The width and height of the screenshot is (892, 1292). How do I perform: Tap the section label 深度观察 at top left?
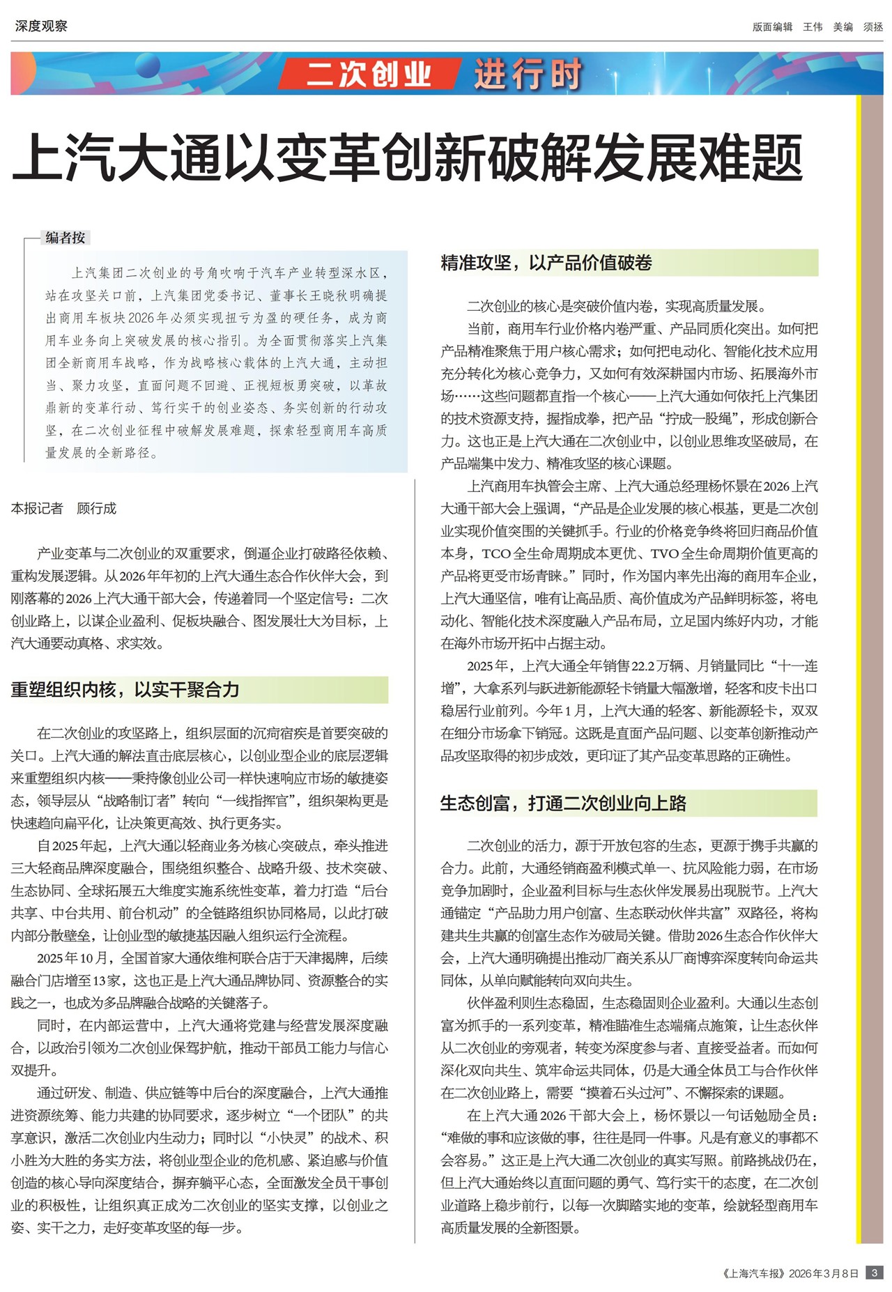41,26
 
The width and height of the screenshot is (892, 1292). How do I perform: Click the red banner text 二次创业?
369,74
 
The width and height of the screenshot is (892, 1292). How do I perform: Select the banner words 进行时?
528,74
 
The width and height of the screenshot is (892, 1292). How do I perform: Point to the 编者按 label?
66,238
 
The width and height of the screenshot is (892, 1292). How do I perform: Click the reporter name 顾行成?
96,509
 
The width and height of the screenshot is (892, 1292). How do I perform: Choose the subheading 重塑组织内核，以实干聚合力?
125,690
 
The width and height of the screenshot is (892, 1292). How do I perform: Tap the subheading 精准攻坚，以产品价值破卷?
546,263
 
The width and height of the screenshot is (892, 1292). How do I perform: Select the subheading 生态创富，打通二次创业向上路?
563,803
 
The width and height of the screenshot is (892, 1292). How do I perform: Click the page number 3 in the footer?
874,1272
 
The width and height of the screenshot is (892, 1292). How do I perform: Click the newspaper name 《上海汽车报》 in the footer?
753,1273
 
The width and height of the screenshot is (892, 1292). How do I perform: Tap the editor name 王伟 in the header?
813,27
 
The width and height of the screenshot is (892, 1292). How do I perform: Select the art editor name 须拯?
873,27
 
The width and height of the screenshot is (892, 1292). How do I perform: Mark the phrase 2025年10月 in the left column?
72,958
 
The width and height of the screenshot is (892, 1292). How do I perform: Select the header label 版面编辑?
772,27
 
